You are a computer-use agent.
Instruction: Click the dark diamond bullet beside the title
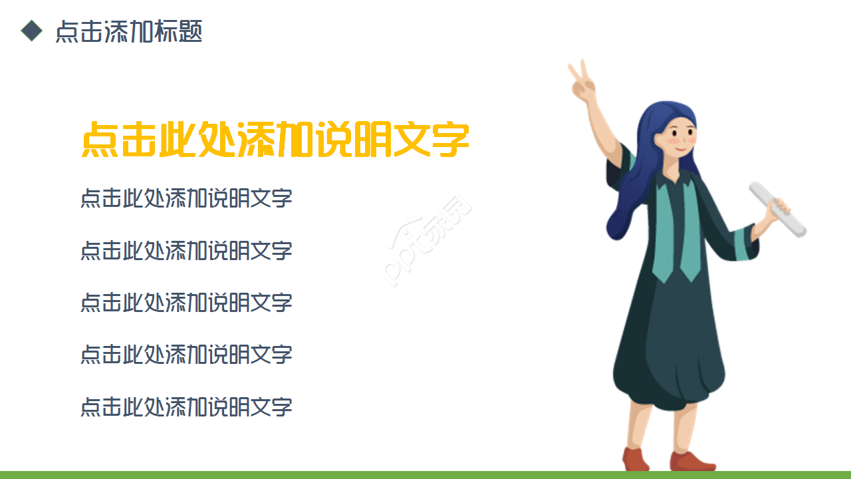tap(31, 31)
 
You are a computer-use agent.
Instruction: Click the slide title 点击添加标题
tap(128, 31)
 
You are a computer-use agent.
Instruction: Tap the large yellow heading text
tap(275, 139)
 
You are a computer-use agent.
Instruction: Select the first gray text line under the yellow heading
tap(186, 198)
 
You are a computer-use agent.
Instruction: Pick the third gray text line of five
tap(186, 303)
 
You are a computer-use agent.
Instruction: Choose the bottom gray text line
tap(186, 406)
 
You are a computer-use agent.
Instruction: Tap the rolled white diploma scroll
tap(778, 209)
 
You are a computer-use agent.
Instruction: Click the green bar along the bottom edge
tap(425, 474)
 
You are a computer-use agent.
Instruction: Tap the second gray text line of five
tap(186, 251)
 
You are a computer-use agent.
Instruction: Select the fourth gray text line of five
tap(186, 355)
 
